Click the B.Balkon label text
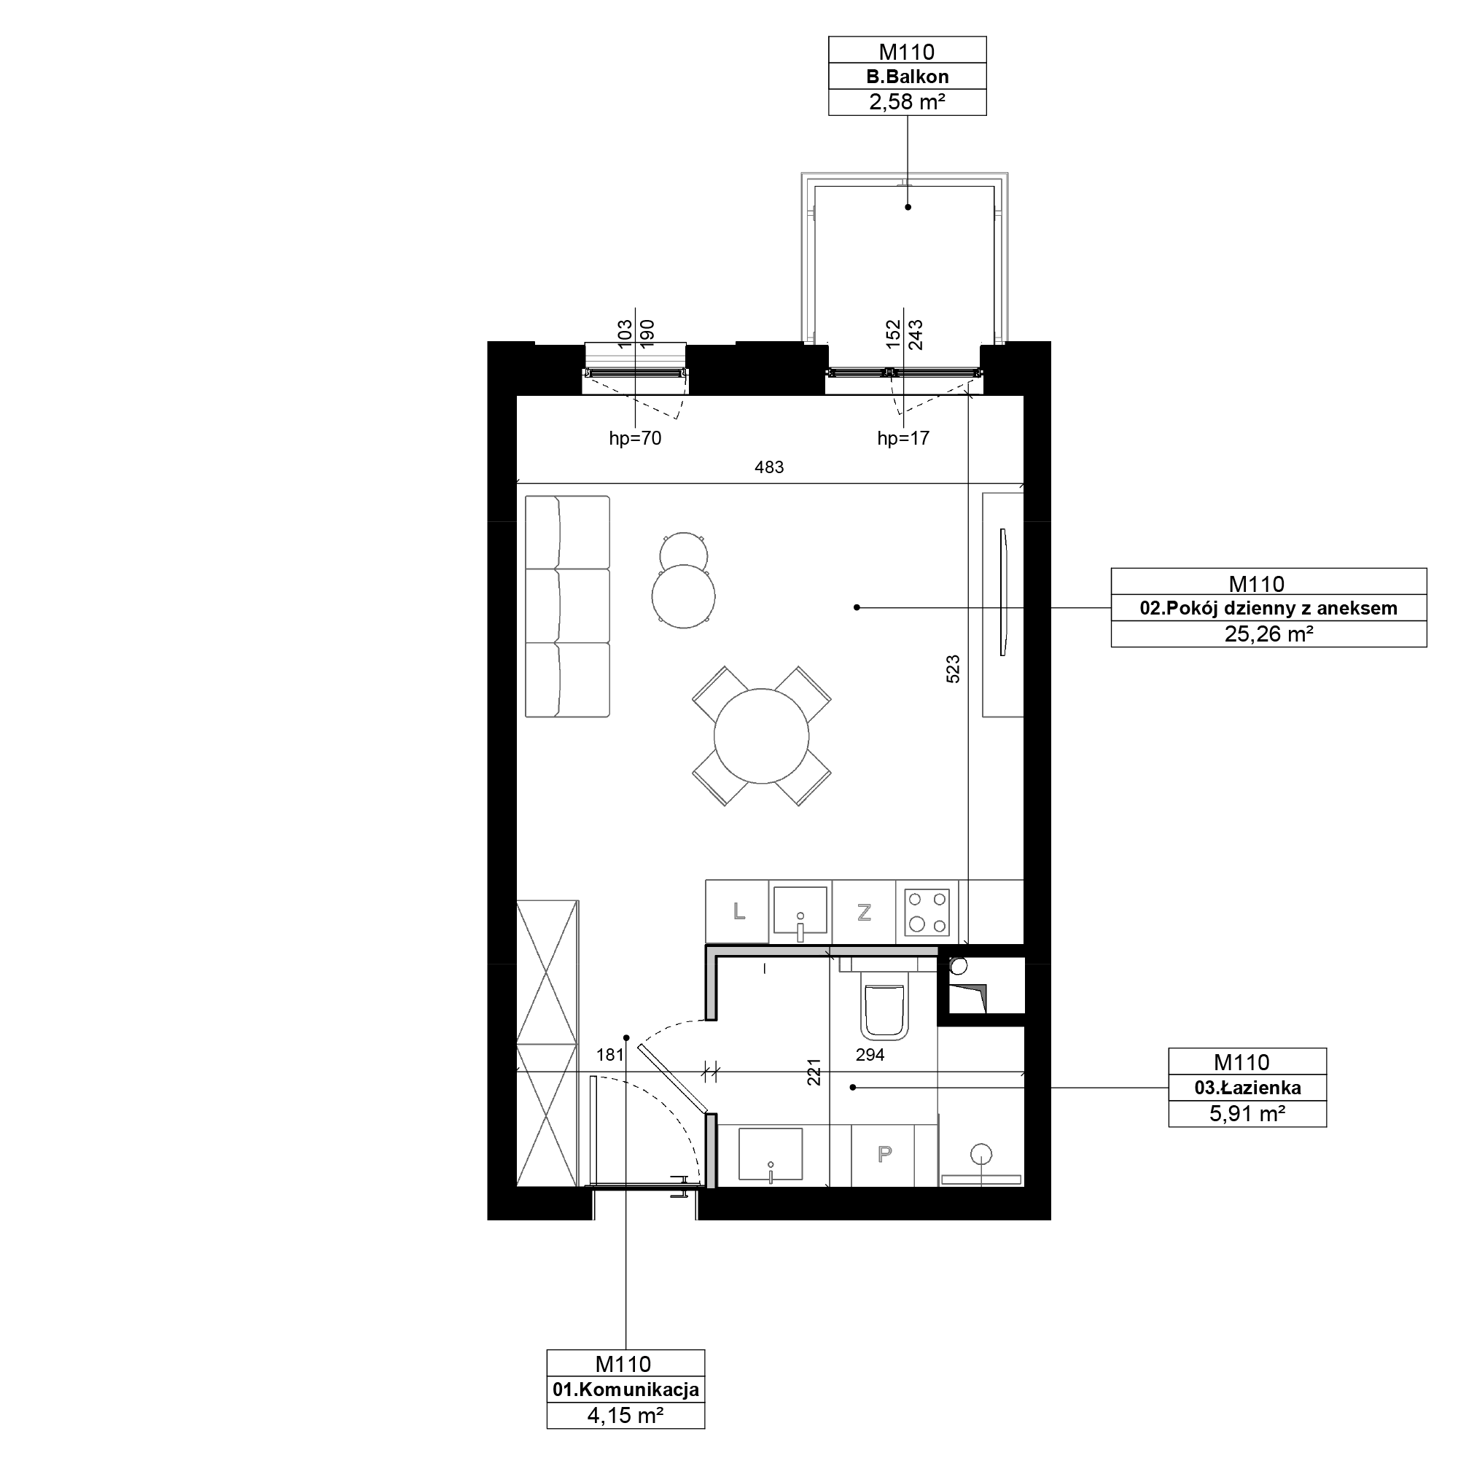(907, 77)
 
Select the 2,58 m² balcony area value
(907, 102)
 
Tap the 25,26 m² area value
(1268, 634)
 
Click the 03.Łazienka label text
(1247, 1088)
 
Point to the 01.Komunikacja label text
(625, 1389)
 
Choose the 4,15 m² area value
(625, 1415)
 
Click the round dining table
(762, 736)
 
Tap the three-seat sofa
(567, 606)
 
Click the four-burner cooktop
(927, 912)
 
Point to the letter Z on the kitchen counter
(864, 913)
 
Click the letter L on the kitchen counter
(739, 912)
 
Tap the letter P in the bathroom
(884, 1154)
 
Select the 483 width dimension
(769, 467)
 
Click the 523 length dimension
(953, 669)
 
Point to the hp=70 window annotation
(635, 438)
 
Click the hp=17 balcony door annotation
(903, 438)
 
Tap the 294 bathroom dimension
(870, 1055)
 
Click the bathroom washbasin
(771, 1154)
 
